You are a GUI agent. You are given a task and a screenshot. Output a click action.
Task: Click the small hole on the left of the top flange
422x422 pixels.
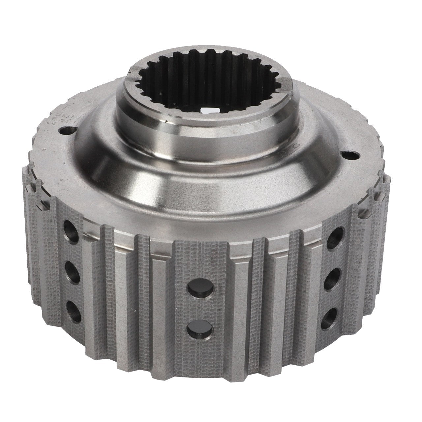coord(69,131)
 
